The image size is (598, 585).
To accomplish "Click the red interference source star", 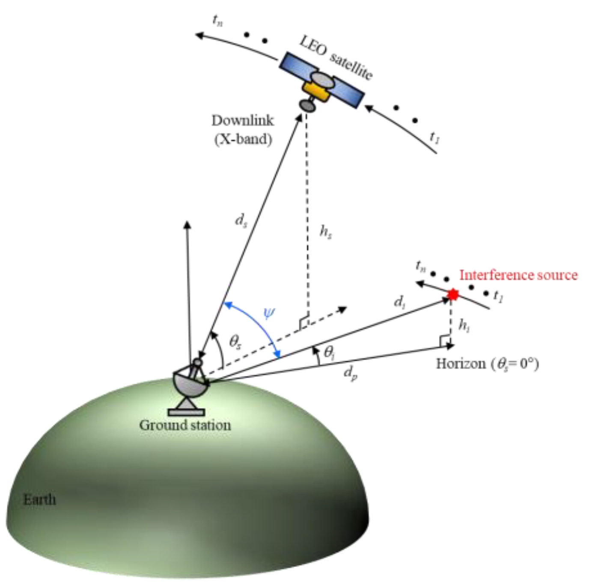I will tap(453, 294).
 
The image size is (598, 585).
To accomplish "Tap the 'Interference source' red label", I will tap(518, 275).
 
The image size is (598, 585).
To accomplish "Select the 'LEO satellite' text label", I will tap(336, 58).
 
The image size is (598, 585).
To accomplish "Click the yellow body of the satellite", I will tap(317, 92).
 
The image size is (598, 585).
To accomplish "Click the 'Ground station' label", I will tap(185, 425).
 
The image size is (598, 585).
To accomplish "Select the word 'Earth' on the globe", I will tap(39, 499).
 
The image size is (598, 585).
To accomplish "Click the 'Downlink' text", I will tap(243, 120).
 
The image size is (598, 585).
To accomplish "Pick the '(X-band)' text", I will tap(243, 139).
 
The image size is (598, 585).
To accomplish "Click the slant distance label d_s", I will tap(241, 221).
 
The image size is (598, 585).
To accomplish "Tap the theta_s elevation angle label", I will tap(235, 342).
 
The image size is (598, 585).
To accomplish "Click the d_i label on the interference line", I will tap(399, 302).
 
